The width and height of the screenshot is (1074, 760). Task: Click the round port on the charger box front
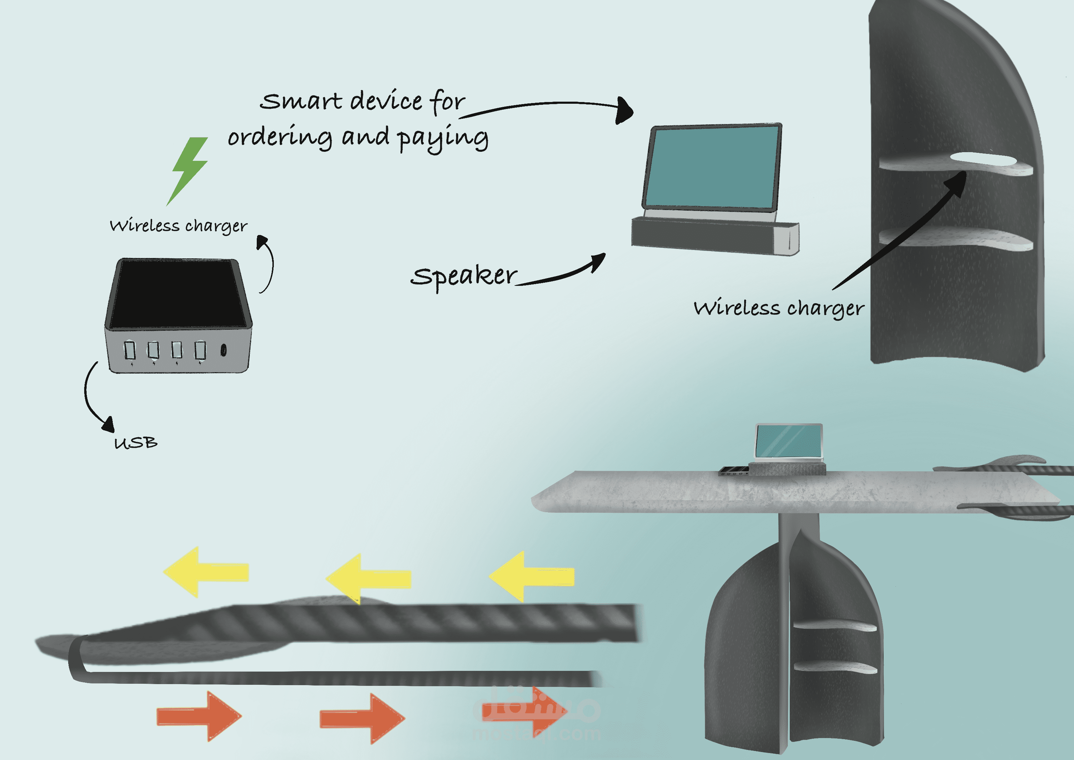pos(224,350)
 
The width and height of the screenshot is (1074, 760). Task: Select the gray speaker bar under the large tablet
pos(714,236)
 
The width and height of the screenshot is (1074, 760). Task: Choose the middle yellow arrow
pos(368,578)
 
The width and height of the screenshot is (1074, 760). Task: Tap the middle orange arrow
pos(362,718)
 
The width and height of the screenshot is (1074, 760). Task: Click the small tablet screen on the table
pos(789,441)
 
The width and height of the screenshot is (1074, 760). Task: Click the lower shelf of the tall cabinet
pos(957,239)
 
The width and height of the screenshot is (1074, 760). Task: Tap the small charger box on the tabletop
pos(733,471)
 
